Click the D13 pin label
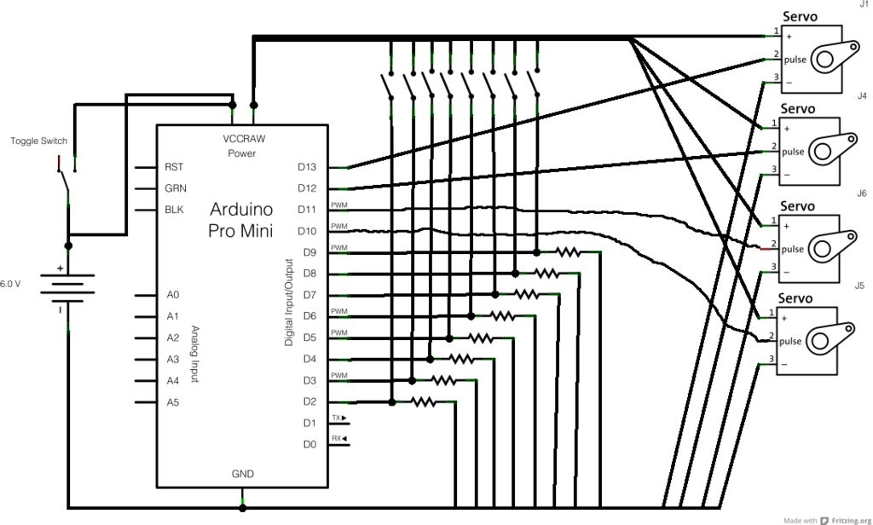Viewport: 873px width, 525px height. pos(307,167)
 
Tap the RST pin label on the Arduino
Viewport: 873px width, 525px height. pos(174,167)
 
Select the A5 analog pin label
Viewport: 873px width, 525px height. pos(173,402)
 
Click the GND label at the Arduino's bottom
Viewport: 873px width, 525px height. pos(243,474)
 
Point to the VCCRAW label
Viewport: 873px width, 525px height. pos(244,139)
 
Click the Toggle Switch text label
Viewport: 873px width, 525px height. pos(38,141)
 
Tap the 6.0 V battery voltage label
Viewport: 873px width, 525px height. pos(10,284)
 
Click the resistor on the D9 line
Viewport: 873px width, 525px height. pos(569,253)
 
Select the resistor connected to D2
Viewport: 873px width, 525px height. pos(423,401)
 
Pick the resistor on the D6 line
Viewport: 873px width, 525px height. pos(501,316)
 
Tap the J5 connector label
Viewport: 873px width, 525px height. pos(859,286)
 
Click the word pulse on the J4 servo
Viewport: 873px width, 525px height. pos(793,152)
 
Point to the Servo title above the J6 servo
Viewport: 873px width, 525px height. pos(797,206)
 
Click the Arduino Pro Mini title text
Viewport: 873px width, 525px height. pos(241,219)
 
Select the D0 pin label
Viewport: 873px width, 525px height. pos(309,444)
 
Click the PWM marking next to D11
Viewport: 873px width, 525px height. pos(339,205)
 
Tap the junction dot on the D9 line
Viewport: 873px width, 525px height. pos(537,253)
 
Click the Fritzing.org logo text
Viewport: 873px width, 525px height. pos(852,521)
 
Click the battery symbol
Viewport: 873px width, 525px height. pos(68,288)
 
